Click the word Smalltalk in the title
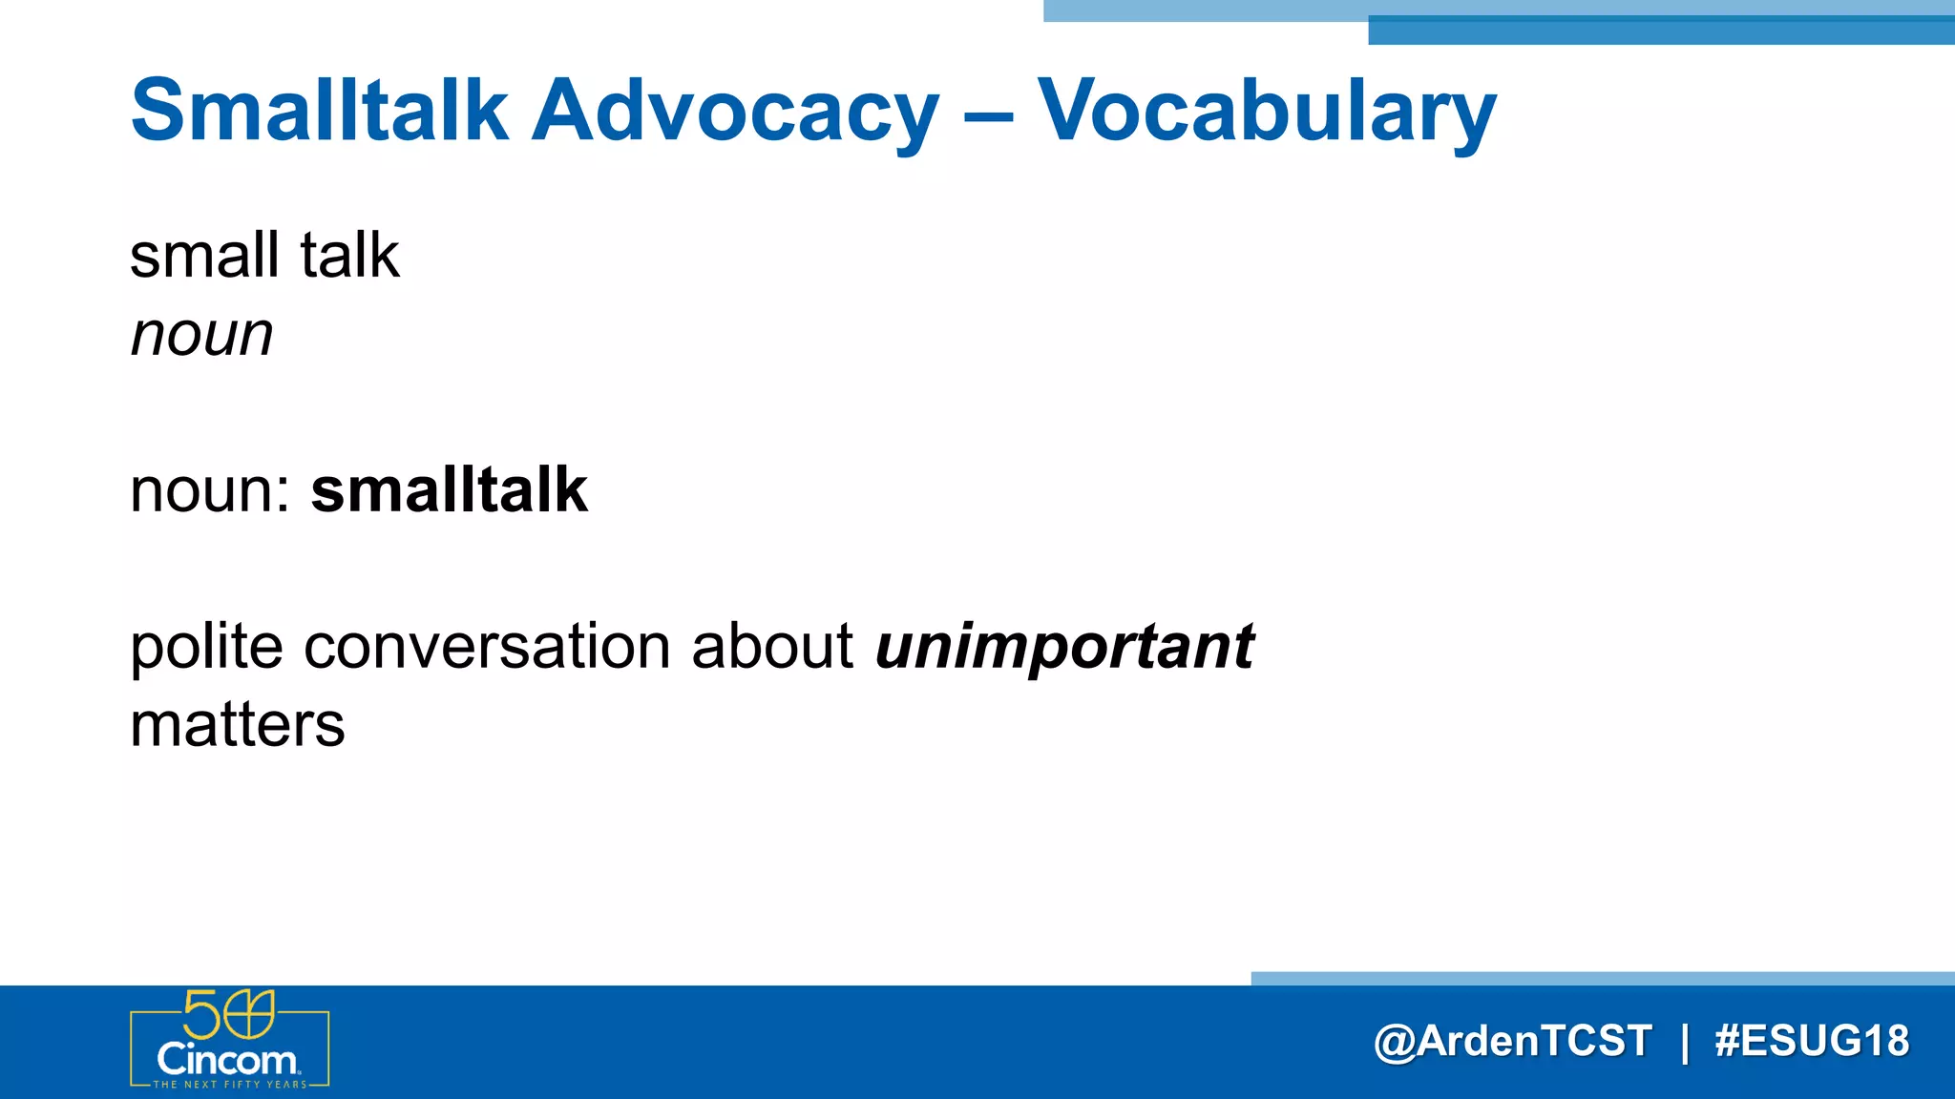(319, 111)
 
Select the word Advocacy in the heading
(735, 113)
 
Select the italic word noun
(201, 336)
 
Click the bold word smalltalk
(449, 490)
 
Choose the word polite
(206, 648)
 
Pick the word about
(771, 648)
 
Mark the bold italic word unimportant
(1063, 649)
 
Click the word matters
(237, 725)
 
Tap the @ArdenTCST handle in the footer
(1512, 1041)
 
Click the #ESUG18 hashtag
(1811, 1041)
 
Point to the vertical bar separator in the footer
(1685, 1042)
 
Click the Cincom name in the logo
(227, 1060)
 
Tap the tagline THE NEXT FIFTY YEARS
(230, 1085)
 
